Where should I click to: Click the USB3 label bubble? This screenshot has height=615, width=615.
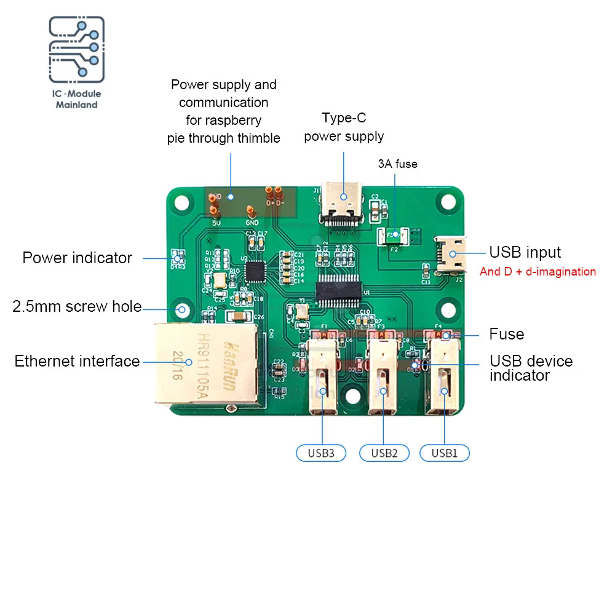pos(321,453)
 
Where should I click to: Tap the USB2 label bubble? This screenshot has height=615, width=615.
pos(384,453)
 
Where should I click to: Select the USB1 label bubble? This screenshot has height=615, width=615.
pos(444,453)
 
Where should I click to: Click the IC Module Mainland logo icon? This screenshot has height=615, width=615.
pos(77,50)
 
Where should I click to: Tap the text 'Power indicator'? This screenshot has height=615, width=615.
pos(77,258)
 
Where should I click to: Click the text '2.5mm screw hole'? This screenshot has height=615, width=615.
pos(77,306)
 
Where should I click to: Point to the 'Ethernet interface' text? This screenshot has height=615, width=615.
pos(77,361)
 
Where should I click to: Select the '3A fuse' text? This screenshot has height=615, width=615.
pos(397,164)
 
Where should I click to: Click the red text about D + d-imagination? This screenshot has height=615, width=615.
pos(538,271)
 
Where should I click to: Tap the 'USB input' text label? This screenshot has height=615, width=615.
pos(525,252)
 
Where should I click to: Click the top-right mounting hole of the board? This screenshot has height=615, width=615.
pos(448,203)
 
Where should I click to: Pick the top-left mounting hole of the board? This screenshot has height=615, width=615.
pos(181,202)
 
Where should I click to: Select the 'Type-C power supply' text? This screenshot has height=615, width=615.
pos(344,127)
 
